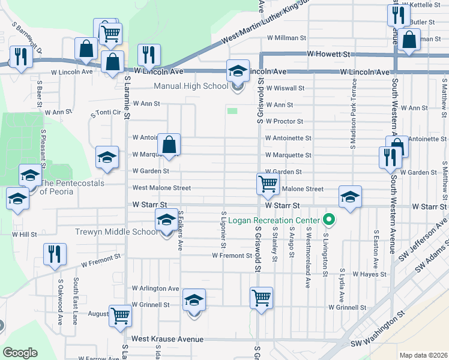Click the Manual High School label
191,86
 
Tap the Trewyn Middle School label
116,232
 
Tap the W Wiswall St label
285,88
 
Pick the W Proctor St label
284,121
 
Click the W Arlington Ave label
155,289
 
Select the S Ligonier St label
223,229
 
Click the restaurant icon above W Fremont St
55,254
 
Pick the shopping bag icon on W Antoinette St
169,144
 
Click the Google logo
20,353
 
